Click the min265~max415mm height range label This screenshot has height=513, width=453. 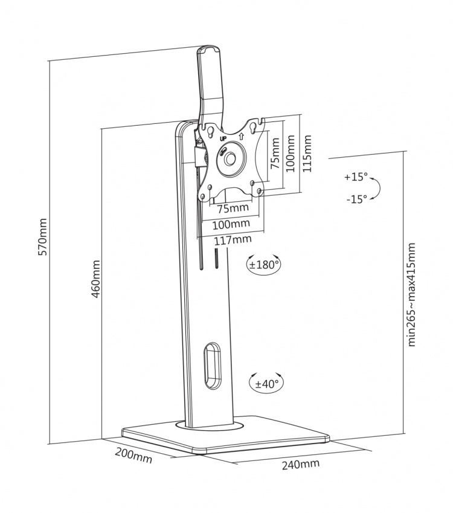pyautogui.click(x=411, y=294)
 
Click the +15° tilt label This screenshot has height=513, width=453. pyautogui.click(x=355, y=177)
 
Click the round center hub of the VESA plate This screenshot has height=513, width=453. pyautogui.click(x=230, y=158)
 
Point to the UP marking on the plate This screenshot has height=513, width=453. pyautogui.click(x=223, y=138)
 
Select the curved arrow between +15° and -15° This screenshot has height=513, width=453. pyautogui.click(x=376, y=188)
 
